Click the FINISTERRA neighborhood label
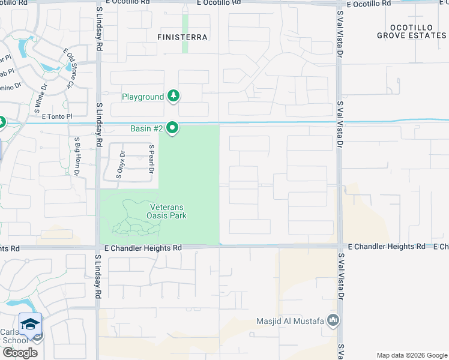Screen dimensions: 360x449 182,37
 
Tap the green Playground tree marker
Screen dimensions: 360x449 173,96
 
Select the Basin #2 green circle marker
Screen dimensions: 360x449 173,128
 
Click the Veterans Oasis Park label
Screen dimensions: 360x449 167,212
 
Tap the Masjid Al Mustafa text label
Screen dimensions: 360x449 290,321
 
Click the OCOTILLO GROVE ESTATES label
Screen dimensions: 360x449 412,32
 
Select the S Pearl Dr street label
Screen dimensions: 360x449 152,158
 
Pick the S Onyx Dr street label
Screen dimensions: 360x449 122,164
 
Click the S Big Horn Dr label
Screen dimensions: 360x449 77,157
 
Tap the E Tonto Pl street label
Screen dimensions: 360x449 57,116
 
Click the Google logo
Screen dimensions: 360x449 19,353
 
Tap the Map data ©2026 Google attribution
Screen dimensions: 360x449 411,355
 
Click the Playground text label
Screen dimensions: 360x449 143,97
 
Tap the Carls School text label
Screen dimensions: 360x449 14,336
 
